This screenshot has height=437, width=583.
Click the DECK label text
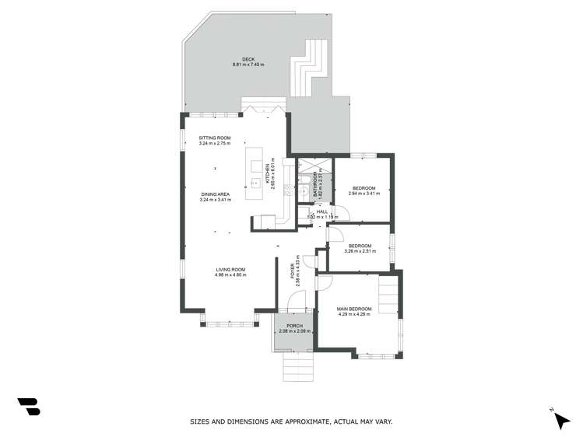pyautogui.click(x=248, y=58)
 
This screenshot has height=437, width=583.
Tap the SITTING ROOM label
pyautogui.click(x=215, y=138)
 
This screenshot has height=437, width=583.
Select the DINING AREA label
pyautogui.click(x=215, y=195)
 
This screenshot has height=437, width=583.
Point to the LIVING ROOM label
pyautogui.click(x=230, y=269)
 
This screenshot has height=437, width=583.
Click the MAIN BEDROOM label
pyautogui.click(x=354, y=309)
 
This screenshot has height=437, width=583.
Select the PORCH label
pyautogui.click(x=294, y=326)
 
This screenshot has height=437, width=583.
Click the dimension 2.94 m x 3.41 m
pyautogui.click(x=363, y=194)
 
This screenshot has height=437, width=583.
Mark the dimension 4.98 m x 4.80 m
pyautogui.click(x=230, y=274)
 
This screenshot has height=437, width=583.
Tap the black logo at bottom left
pyautogui.click(x=28, y=406)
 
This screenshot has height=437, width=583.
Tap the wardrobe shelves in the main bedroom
pyautogui.click(x=387, y=296)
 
